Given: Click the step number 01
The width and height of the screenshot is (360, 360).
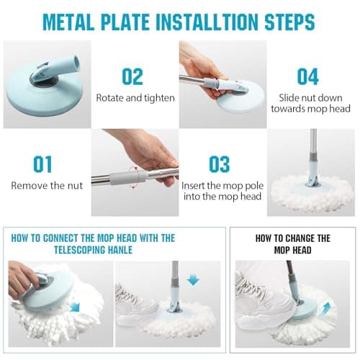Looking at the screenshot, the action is click(x=42, y=164).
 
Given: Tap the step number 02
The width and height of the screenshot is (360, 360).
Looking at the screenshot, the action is click(x=132, y=76).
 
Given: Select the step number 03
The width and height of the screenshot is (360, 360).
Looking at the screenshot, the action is click(x=220, y=164).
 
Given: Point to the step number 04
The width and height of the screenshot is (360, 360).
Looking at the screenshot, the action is click(x=308, y=76).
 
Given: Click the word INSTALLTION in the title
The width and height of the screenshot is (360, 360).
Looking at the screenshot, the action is click(x=207, y=22).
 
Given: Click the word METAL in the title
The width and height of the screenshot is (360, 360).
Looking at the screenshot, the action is click(x=68, y=22).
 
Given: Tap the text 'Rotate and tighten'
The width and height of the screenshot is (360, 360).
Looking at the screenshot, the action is click(x=135, y=98).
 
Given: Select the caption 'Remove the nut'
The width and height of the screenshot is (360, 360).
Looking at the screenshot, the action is click(x=47, y=186).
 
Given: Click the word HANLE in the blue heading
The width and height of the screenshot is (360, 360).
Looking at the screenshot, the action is click(x=120, y=250).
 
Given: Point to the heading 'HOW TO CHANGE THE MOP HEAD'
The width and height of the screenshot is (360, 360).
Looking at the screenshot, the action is click(x=293, y=244).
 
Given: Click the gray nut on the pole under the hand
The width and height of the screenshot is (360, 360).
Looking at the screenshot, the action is click(x=128, y=178).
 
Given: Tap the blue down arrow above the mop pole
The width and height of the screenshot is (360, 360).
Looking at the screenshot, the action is click(x=193, y=280).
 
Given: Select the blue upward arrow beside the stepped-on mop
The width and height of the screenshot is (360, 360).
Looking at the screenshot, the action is click(x=326, y=309).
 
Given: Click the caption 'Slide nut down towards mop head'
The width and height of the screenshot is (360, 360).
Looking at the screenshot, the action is click(x=310, y=104).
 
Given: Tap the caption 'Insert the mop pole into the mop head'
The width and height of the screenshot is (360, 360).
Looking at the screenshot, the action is click(x=222, y=191).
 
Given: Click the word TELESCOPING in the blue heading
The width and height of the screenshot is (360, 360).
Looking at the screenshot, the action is click(x=79, y=250).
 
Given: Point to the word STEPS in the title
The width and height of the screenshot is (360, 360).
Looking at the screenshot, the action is click(x=289, y=22).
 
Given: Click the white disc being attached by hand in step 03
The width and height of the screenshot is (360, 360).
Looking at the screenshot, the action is click(x=241, y=99).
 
